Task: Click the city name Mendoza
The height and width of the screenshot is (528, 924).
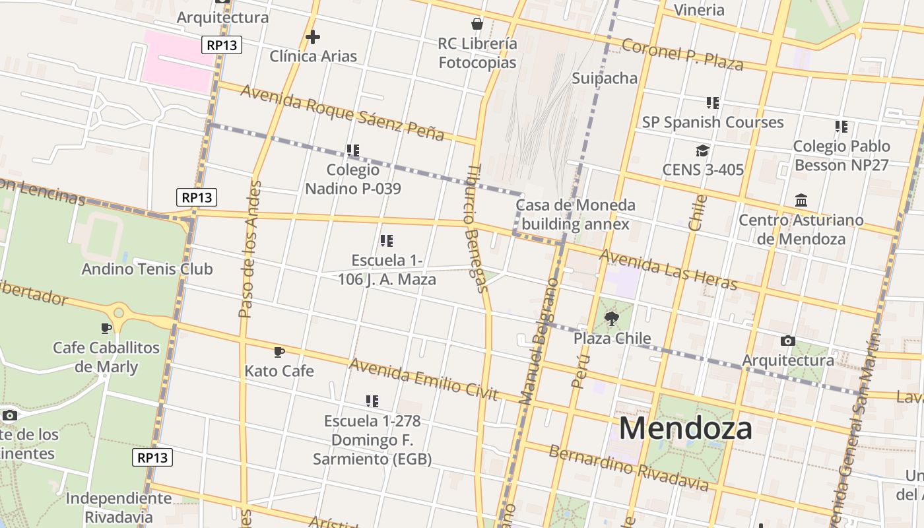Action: coord(685,428)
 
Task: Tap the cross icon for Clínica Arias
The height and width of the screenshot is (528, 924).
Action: coord(313,37)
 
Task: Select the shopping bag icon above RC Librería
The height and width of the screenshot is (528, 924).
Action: coord(477,24)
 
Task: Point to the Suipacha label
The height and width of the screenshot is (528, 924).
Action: coord(605,79)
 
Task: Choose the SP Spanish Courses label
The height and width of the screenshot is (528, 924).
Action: coord(713,122)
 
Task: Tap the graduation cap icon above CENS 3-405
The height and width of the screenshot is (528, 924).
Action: coord(702,151)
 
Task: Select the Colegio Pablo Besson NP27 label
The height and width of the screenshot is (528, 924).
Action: coord(841,155)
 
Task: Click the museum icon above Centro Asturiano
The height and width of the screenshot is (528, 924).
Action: coord(801,200)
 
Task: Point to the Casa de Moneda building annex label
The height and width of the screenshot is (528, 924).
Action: coord(575,214)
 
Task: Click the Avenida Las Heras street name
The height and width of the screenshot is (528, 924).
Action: coord(667,269)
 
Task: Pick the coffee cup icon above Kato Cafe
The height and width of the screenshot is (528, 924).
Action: coord(279,352)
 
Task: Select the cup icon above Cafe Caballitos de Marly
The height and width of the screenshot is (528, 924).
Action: coord(106,328)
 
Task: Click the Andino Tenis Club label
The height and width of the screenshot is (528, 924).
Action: coord(147,269)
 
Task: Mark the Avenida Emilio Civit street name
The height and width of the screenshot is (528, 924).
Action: coord(423,379)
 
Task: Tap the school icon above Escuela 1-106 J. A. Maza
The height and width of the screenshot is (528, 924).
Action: coord(387,241)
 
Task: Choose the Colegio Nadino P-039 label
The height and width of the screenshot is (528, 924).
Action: coord(353,179)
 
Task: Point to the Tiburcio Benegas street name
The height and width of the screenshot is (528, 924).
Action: coord(478,228)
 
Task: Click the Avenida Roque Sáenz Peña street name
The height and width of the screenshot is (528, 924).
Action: coord(342,112)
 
